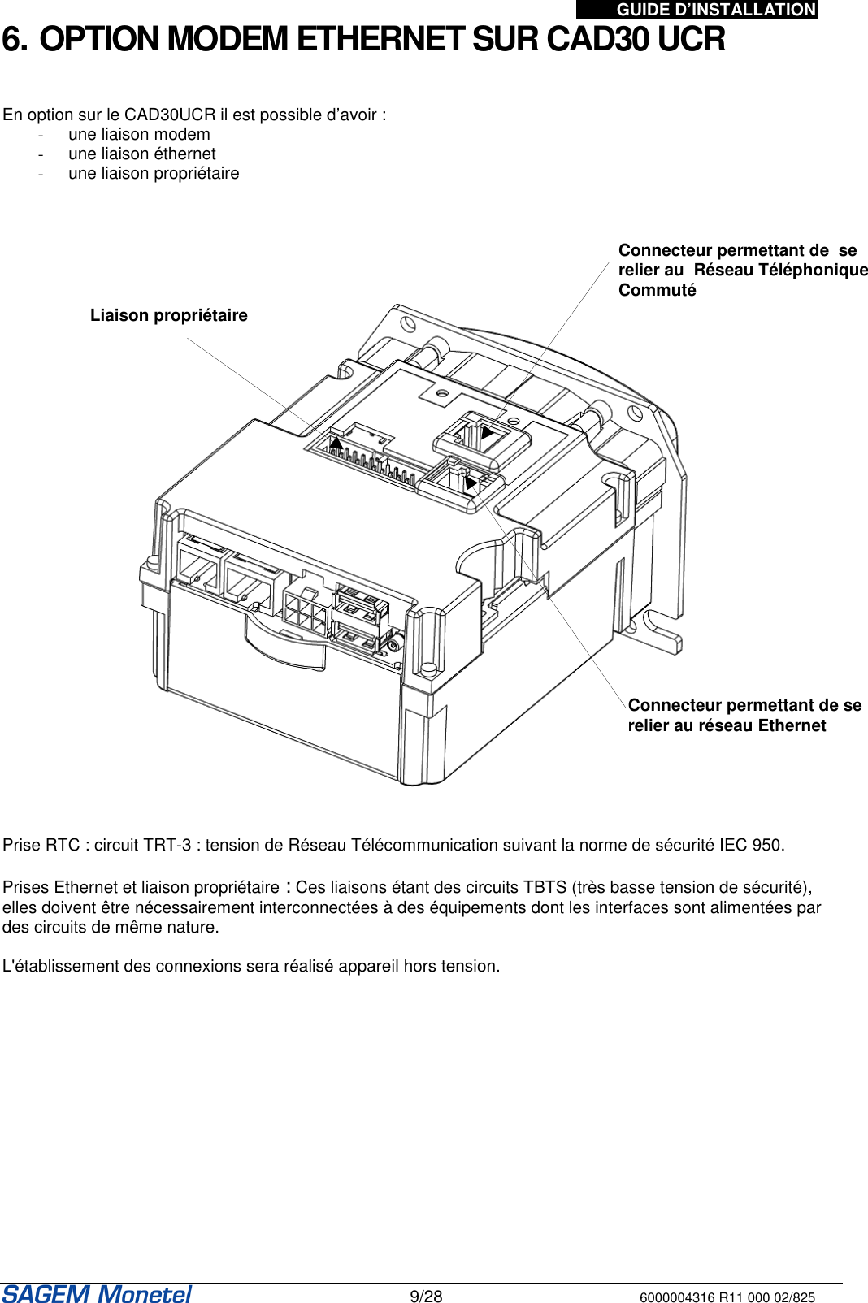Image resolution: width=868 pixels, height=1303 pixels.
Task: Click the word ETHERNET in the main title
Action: pos(380,39)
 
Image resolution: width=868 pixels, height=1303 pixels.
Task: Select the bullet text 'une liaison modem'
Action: pos(139,134)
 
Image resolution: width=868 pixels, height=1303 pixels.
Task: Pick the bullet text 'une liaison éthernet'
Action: pos(142,154)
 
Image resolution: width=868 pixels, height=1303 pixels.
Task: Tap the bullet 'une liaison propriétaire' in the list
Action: pos(154,173)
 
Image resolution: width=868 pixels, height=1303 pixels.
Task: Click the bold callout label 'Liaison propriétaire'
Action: pos(168,315)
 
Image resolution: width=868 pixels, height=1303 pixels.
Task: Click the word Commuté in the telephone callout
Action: pos(657,290)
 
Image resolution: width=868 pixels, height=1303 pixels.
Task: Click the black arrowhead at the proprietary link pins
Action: pos(336,444)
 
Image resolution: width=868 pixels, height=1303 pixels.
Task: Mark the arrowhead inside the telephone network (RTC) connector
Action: pos(487,432)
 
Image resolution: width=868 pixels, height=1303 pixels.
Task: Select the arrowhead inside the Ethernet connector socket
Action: pos(470,483)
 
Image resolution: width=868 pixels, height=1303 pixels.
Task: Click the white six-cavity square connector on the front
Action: pos(304,610)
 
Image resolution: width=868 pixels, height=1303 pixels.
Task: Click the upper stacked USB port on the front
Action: pos(358,604)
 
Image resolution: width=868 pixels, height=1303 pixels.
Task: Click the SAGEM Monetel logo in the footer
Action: pos(97,1293)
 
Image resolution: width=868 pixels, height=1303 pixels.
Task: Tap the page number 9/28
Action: pos(426,1297)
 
